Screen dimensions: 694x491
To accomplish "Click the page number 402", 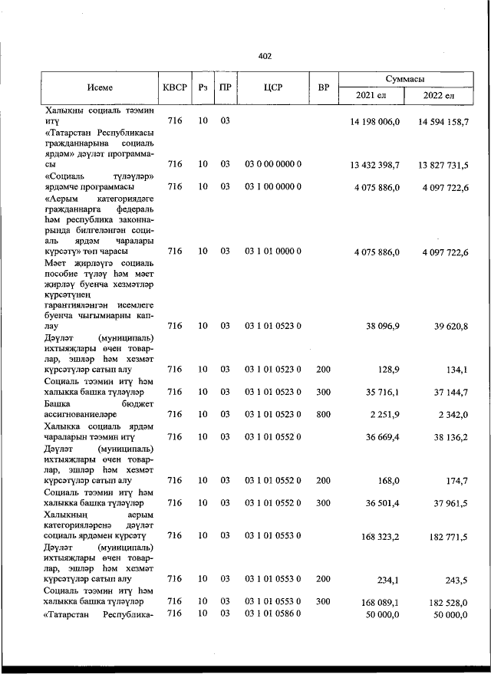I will [x=265, y=56].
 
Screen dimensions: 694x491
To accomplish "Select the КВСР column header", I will [x=174, y=87].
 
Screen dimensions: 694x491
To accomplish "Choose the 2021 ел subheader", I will [x=372, y=96].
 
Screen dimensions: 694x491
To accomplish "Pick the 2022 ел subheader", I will [x=440, y=96].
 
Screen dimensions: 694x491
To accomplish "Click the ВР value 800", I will [x=323, y=414].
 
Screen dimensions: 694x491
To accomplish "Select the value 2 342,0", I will [x=450, y=414].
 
